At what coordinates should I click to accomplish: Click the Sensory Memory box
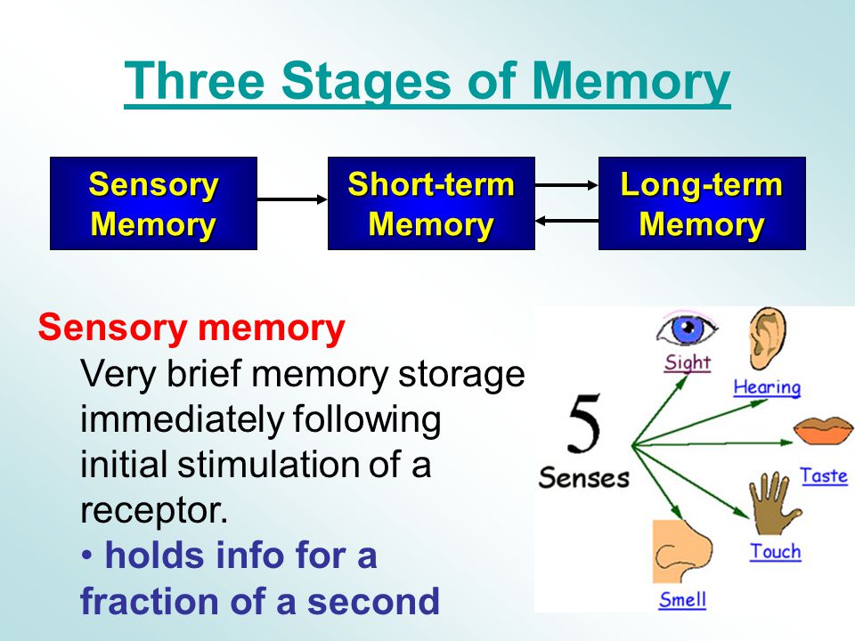[153, 203]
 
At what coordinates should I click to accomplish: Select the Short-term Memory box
[431, 203]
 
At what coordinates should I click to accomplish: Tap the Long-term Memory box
[702, 203]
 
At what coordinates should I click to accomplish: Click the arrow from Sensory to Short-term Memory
[292, 199]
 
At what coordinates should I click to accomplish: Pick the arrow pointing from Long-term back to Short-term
[566, 221]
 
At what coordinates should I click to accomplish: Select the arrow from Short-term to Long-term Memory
[566, 185]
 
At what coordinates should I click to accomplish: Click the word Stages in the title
[366, 82]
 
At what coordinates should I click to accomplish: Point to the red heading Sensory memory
[191, 328]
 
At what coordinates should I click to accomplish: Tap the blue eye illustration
[687, 329]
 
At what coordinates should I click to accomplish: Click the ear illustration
[767, 338]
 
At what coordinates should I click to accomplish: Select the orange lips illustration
[823, 430]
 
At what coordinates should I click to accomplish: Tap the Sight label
[688, 363]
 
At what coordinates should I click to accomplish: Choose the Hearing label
[767, 387]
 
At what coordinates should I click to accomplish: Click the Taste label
[824, 475]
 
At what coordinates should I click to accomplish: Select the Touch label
[776, 552]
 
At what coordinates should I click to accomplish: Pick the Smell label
[682, 599]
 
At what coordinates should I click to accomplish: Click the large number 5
[583, 423]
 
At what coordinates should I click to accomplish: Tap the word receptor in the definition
[154, 511]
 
